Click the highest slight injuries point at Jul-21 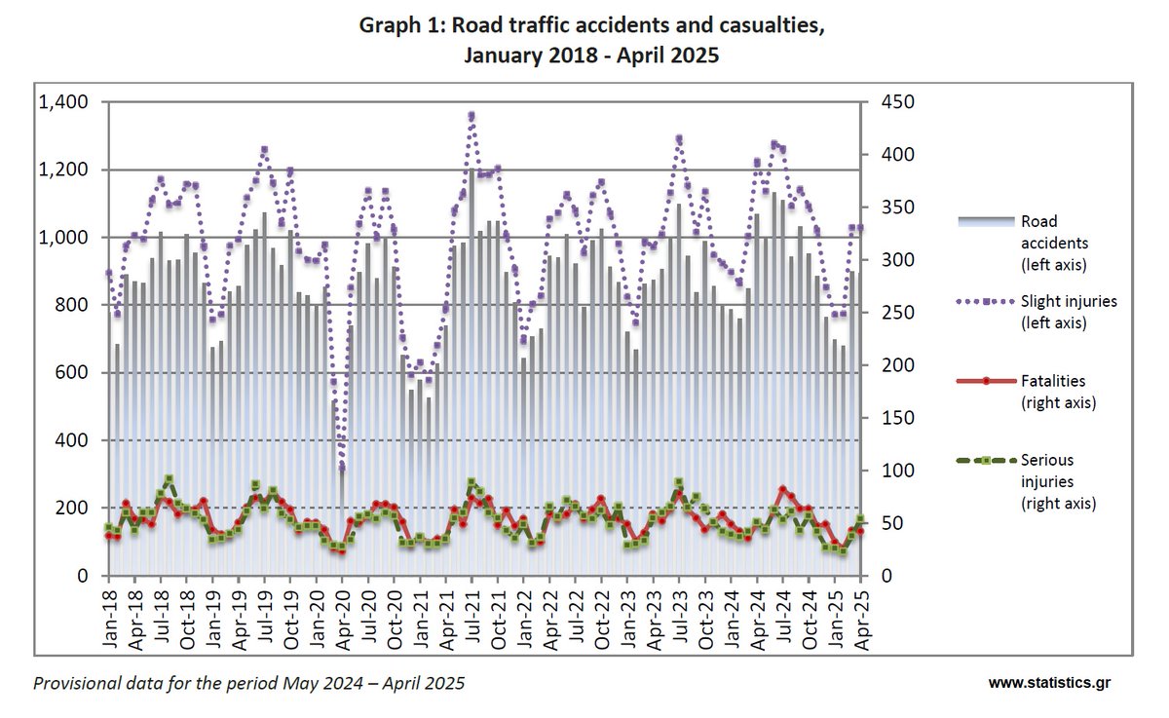click(471, 116)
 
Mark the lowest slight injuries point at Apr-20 click(342, 468)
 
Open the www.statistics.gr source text click(1048, 683)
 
